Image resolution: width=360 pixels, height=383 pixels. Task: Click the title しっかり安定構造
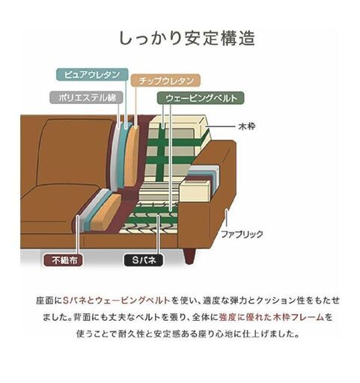pyautogui.click(x=187, y=39)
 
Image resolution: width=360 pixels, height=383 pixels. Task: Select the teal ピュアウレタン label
pyautogui.click(x=92, y=75)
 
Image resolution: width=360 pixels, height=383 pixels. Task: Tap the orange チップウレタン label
pyautogui.click(x=165, y=81)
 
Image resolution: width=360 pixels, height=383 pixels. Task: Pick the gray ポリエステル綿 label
pyautogui.click(x=87, y=97)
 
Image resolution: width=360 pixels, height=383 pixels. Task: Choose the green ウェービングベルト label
pyautogui.click(x=201, y=98)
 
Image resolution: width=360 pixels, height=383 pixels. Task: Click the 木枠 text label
pyautogui.click(x=247, y=126)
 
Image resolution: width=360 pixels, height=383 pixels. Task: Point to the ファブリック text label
pyautogui.click(x=242, y=234)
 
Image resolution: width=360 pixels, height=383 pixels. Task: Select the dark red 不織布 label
pyautogui.click(x=64, y=260)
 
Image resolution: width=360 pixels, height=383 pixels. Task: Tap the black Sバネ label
pyautogui.click(x=144, y=260)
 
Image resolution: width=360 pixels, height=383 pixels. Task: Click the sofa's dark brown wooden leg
pyautogui.click(x=190, y=256)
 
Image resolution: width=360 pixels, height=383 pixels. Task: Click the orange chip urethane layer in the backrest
pyautogui.click(x=132, y=156)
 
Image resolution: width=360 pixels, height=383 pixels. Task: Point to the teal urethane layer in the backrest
pyautogui.click(x=123, y=155)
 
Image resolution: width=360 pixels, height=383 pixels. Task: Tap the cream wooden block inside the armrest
pyautogui.click(x=195, y=191)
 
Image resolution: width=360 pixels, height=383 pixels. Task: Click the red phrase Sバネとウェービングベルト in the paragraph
pyautogui.click(x=117, y=301)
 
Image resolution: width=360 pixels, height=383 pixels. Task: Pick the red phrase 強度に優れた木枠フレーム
pyautogui.click(x=272, y=317)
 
